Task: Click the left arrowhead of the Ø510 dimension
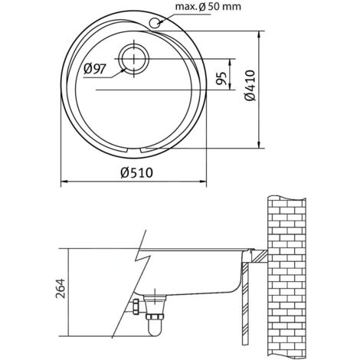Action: [x=63, y=182]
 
